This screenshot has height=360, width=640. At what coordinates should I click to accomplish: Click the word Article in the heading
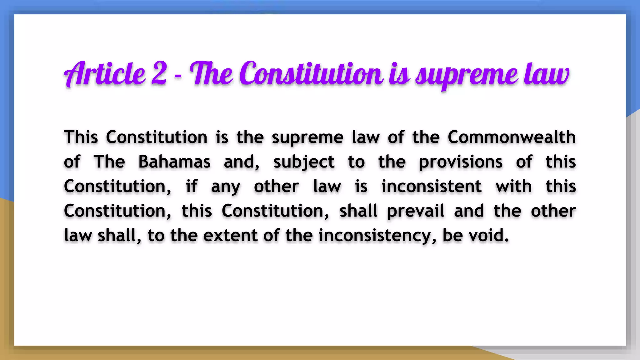coord(105,74)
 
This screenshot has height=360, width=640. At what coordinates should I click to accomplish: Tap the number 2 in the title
coord(159,74)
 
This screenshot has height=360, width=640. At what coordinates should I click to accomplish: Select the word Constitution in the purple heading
coord(311,74)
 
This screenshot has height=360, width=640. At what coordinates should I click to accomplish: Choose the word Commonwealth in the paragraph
coord(512,137)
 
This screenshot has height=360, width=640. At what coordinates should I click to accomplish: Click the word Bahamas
coord(174,162)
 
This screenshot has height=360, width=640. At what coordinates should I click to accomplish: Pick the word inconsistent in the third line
coord(431,187)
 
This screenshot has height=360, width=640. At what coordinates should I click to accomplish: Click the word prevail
coord(416,211)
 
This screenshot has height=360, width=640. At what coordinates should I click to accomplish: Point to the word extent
coord(230,235)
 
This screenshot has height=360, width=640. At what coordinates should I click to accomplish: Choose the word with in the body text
coord(513,187)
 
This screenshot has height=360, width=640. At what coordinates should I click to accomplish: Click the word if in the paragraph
coord(191,187)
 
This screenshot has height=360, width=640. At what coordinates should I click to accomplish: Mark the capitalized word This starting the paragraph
coord(81,137)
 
